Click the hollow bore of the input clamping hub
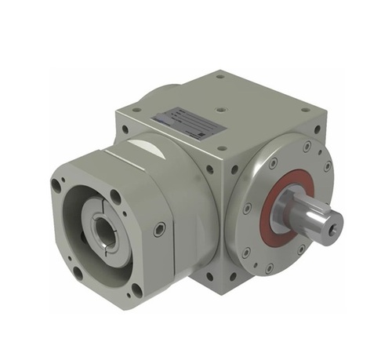click(103, 231)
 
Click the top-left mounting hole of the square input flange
click(56, 187)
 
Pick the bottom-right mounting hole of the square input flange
click(136, 289)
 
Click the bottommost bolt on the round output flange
click(269, 269)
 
